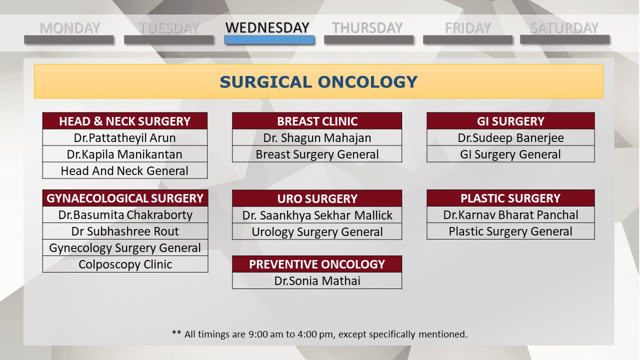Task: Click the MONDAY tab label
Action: pyautogui.click(x=69, y=28)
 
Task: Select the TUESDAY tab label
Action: pyautogui.click(x=169, y=28)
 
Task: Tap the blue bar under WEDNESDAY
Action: pyautogui.click(x=269, y=39)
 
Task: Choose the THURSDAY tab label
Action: pyautogui.click(x=367, y=28)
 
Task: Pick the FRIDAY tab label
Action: pyautogui.click(x=467, y=28)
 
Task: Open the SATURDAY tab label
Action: pyautogui.click(x=564, y=28)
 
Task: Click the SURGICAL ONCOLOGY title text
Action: pyautogui.click(x=318, y=82)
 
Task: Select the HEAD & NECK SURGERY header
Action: pyautogui.click(x=125, y=121)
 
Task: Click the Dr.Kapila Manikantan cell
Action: pyautogui.click(x=125, y=154)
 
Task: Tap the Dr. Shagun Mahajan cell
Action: pyautogui.click(x=317, y=137)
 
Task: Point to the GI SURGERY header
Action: pyautogui.click(x=511, y=121)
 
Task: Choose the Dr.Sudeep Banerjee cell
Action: pyautogui.click(x=511, y=137)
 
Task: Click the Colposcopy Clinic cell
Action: pyautogui.click(x=125, y=264)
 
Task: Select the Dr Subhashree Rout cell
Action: pyautogui.click(x=125, y=231)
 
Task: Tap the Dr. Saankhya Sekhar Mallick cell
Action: pyautogui.click(x=317, y=215)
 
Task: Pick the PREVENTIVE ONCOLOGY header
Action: pyautogui.click(x=317, y=264)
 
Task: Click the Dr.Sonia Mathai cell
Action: pyautogui.click(x=317, y=280)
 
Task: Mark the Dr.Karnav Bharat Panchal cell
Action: pyautogui.click(x=511, y=214)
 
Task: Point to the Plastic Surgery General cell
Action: pyautogui.click(x=511, y=231)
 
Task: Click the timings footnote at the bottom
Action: pyautogui.click(x=319, y=334)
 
